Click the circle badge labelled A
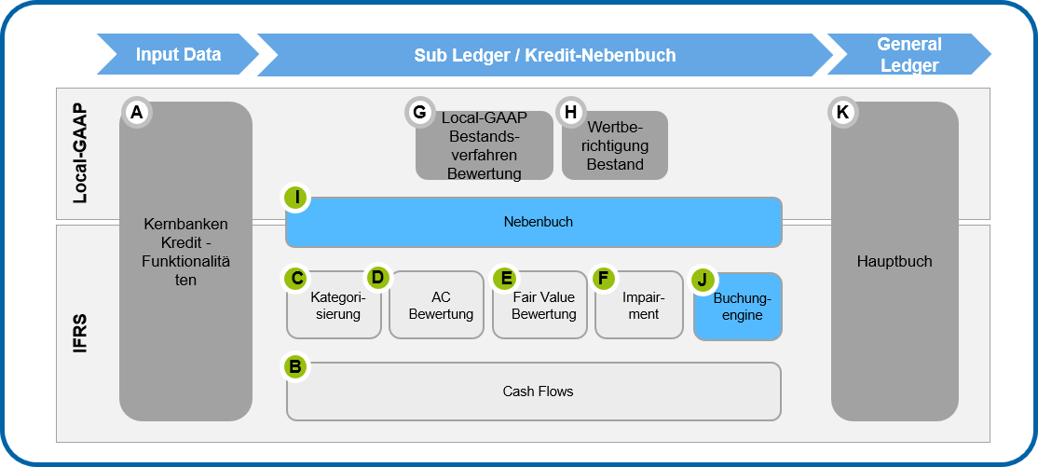[x=137, y=113]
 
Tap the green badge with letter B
[x=295, y=367]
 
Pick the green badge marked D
[x=377, y=277]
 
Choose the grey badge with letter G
[x=419, y=113]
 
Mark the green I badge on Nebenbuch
[x=297, y=198]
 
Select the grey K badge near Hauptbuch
[x=842, y=113]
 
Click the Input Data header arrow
[x=178, y=54]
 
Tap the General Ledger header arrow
[x=908, y=54]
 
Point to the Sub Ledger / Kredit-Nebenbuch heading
[x=544, y=55]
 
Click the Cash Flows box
[x=538, y=392]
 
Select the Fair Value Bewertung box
[x=543, y=306]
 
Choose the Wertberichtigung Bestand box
[x=615, y=146]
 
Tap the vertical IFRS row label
[x=82, y=333]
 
